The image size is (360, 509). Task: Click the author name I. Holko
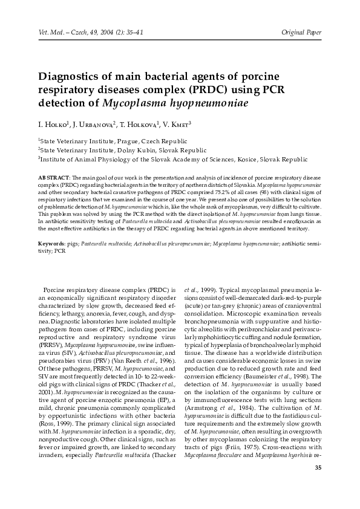(52, 125)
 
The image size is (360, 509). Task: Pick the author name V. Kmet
(175, 125)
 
